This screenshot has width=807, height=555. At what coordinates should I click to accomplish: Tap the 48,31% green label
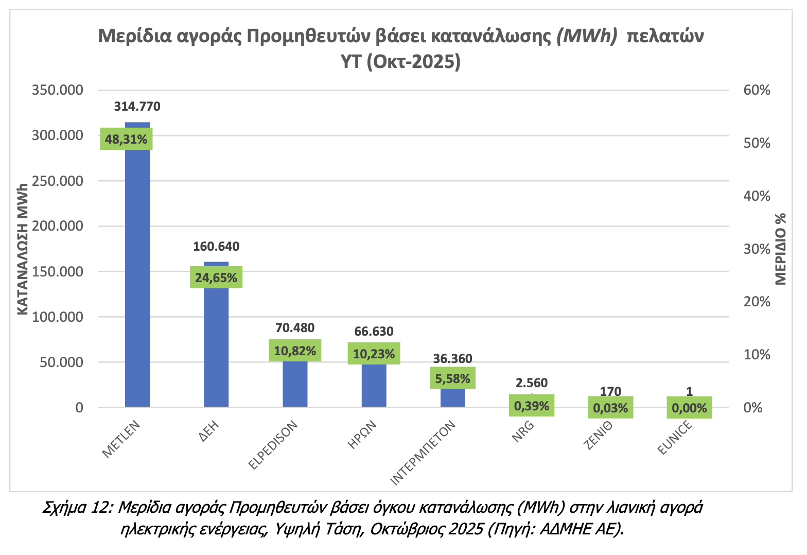[126, 139]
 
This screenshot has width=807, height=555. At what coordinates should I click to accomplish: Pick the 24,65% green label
[216, 277]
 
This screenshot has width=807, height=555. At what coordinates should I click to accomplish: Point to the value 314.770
[137, 107]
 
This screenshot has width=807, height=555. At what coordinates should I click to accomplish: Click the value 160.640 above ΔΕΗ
[216, 247]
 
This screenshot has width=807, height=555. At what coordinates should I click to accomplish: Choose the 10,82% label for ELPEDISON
[295, 351]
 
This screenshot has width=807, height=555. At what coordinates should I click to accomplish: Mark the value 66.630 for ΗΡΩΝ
[374, 332]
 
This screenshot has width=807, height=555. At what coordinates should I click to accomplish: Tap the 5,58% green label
[452, 378]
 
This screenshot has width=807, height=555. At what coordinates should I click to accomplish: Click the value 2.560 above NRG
[532, 383]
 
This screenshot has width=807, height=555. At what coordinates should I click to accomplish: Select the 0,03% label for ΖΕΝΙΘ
[610, 408]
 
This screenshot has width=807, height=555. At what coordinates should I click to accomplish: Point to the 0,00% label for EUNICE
[689, 408]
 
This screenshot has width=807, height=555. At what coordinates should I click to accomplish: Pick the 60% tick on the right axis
[757, 91]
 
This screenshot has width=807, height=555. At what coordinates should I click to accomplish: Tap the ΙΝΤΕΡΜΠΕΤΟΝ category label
[424, 454]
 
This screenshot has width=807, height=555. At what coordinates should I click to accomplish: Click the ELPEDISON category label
[273, 445]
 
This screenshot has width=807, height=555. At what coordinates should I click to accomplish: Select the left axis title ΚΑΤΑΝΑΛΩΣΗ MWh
[22, 248]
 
